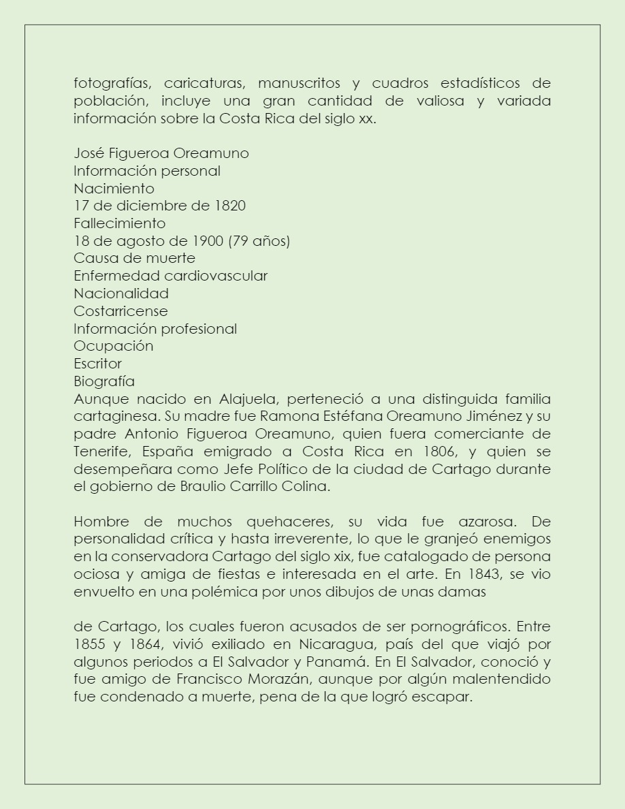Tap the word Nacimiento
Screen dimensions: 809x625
114,188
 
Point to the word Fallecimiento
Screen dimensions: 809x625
119,223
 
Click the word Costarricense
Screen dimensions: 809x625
121,311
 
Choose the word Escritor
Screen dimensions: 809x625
97,364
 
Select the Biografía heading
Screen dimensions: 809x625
104,381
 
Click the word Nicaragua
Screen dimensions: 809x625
319,644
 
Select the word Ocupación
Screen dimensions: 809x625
113,346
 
